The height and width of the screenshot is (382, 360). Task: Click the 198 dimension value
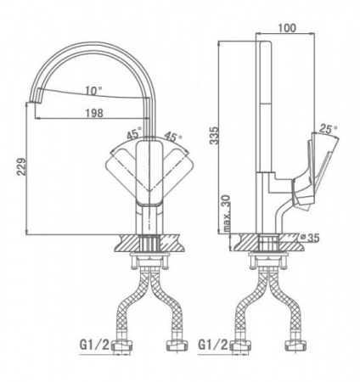[94, 113]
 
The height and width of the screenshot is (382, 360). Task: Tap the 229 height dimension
[22, 167]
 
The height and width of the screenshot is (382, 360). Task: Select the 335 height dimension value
[214, 136]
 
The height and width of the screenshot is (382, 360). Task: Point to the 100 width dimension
[287, 28]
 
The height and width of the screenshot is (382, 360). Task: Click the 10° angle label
[94, 91]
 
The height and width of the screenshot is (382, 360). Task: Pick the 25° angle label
[329, 129]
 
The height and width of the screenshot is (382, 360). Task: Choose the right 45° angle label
[173, 137]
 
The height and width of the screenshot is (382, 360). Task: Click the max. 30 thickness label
[227, 214]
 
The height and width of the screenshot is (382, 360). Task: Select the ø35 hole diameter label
[310, 238]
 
